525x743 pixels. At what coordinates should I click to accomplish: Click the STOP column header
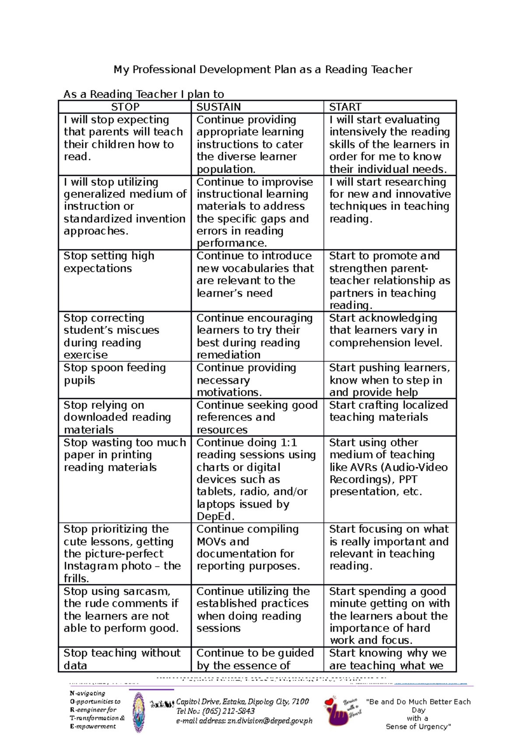(125, 107)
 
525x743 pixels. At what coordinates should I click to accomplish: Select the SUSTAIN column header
(218, 107)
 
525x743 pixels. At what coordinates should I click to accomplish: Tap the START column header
(345, 107)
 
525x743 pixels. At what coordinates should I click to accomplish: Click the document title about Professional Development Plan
(262, 69)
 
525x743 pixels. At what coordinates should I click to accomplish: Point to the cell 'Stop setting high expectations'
(109, 262)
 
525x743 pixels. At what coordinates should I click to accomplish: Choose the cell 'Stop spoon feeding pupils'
(115, 374)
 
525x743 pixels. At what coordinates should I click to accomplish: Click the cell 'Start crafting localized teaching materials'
(388, 411)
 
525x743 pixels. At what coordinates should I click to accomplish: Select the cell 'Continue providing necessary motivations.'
(246, 380)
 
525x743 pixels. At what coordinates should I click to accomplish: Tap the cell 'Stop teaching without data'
(122, 659)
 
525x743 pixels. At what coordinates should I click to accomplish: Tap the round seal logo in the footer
(139, 712)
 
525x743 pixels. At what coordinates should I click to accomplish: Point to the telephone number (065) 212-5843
(229, 711)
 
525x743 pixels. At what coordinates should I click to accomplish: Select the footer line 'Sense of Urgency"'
(418, 726)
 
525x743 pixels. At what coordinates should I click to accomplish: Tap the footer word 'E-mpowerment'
(93, 726)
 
